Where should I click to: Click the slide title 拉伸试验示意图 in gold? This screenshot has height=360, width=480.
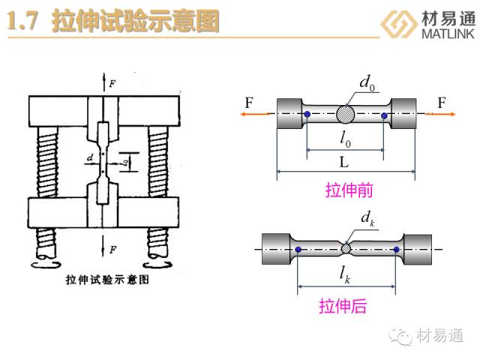point(136,22)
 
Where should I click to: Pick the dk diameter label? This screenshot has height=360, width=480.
point(367,219)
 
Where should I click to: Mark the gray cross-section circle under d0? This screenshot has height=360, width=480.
point(346,115)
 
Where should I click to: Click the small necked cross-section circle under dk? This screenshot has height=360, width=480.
point(346,248)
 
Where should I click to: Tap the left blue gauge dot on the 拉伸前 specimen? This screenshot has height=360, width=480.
point(307,115)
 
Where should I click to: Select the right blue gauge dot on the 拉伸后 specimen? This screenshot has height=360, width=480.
point(393,248)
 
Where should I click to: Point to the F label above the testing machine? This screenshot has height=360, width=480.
point(112,83)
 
